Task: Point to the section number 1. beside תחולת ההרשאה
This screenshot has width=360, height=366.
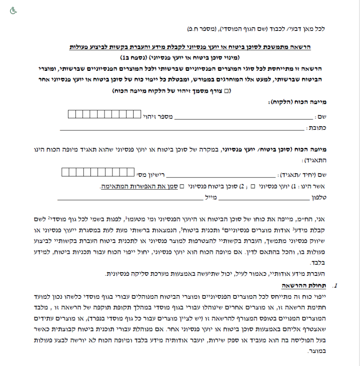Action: click(334, 285)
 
